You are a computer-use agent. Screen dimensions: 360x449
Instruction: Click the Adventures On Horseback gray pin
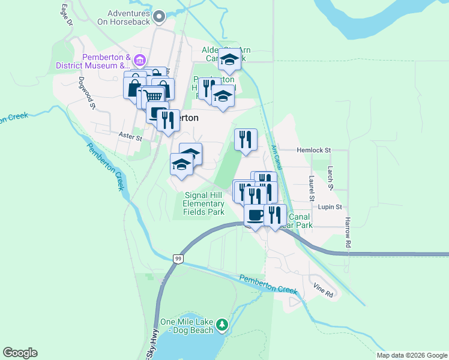coord(159,17)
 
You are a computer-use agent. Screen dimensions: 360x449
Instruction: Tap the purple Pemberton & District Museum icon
coord(139,61)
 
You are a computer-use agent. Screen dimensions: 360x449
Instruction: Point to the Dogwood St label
coord(87,92)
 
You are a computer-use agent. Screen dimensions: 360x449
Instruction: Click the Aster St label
coord(130,137)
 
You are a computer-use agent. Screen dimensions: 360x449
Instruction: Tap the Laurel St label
coord(311,188)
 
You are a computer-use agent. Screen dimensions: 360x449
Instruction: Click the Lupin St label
coord(330,207)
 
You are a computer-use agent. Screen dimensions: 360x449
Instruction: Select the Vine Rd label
coord(323,294)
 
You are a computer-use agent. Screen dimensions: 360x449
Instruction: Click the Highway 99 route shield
coord(178,259)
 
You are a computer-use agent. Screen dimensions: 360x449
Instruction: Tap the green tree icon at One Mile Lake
coord(222,325)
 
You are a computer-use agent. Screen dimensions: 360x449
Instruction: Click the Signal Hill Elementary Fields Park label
coord(204,203)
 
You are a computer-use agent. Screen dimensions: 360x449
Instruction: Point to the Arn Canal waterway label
coord(276,157)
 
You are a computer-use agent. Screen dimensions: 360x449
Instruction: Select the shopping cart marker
coord(154,95)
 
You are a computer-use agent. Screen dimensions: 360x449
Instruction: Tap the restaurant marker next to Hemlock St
coord(246,140)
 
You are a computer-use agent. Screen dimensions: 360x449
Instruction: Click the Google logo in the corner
coord(20,353)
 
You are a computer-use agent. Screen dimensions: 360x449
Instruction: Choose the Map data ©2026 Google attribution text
coord(412,355)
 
